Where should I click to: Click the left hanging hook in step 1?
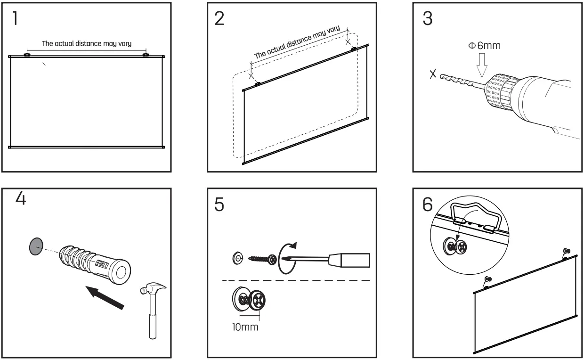(27, 55)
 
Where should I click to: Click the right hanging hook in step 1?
(146, 55)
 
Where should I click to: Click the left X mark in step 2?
(251, 75)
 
